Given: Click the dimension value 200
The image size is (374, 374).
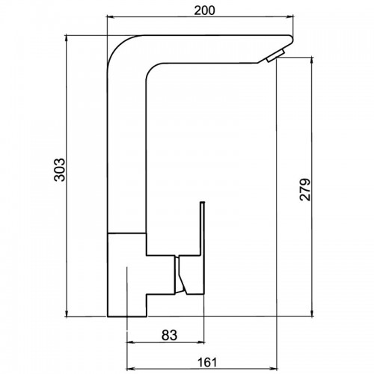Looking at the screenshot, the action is [204, 10].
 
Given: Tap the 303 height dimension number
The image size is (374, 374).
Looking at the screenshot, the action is [60, 170].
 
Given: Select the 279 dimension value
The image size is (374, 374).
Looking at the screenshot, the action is [305, 189].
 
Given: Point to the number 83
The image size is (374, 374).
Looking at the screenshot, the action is [169, 335].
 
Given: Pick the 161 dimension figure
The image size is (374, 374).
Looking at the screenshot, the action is [207, 362].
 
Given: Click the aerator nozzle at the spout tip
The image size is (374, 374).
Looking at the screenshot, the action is [275, 55].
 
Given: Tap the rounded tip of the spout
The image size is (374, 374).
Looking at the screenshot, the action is [291, 39].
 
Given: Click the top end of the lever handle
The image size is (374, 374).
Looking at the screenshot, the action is [203, 202].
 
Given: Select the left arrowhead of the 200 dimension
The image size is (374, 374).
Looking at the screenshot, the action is [110, 17].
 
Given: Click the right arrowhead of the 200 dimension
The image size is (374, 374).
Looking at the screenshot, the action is [289, 17].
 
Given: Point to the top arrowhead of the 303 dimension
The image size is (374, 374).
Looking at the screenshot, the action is [67, 39].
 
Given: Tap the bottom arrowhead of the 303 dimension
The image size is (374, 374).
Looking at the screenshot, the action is [67, 313].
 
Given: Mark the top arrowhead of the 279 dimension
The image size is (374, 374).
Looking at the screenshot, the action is [312, 61].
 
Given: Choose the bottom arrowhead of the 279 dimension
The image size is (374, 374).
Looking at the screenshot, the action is [312, 313].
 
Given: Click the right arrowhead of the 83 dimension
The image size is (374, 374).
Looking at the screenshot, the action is [200, 343].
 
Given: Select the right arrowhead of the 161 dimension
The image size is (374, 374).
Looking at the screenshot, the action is [273, 369].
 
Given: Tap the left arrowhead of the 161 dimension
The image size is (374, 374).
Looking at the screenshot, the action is [131, 369].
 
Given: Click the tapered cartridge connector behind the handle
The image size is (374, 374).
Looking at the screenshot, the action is [180, 275].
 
